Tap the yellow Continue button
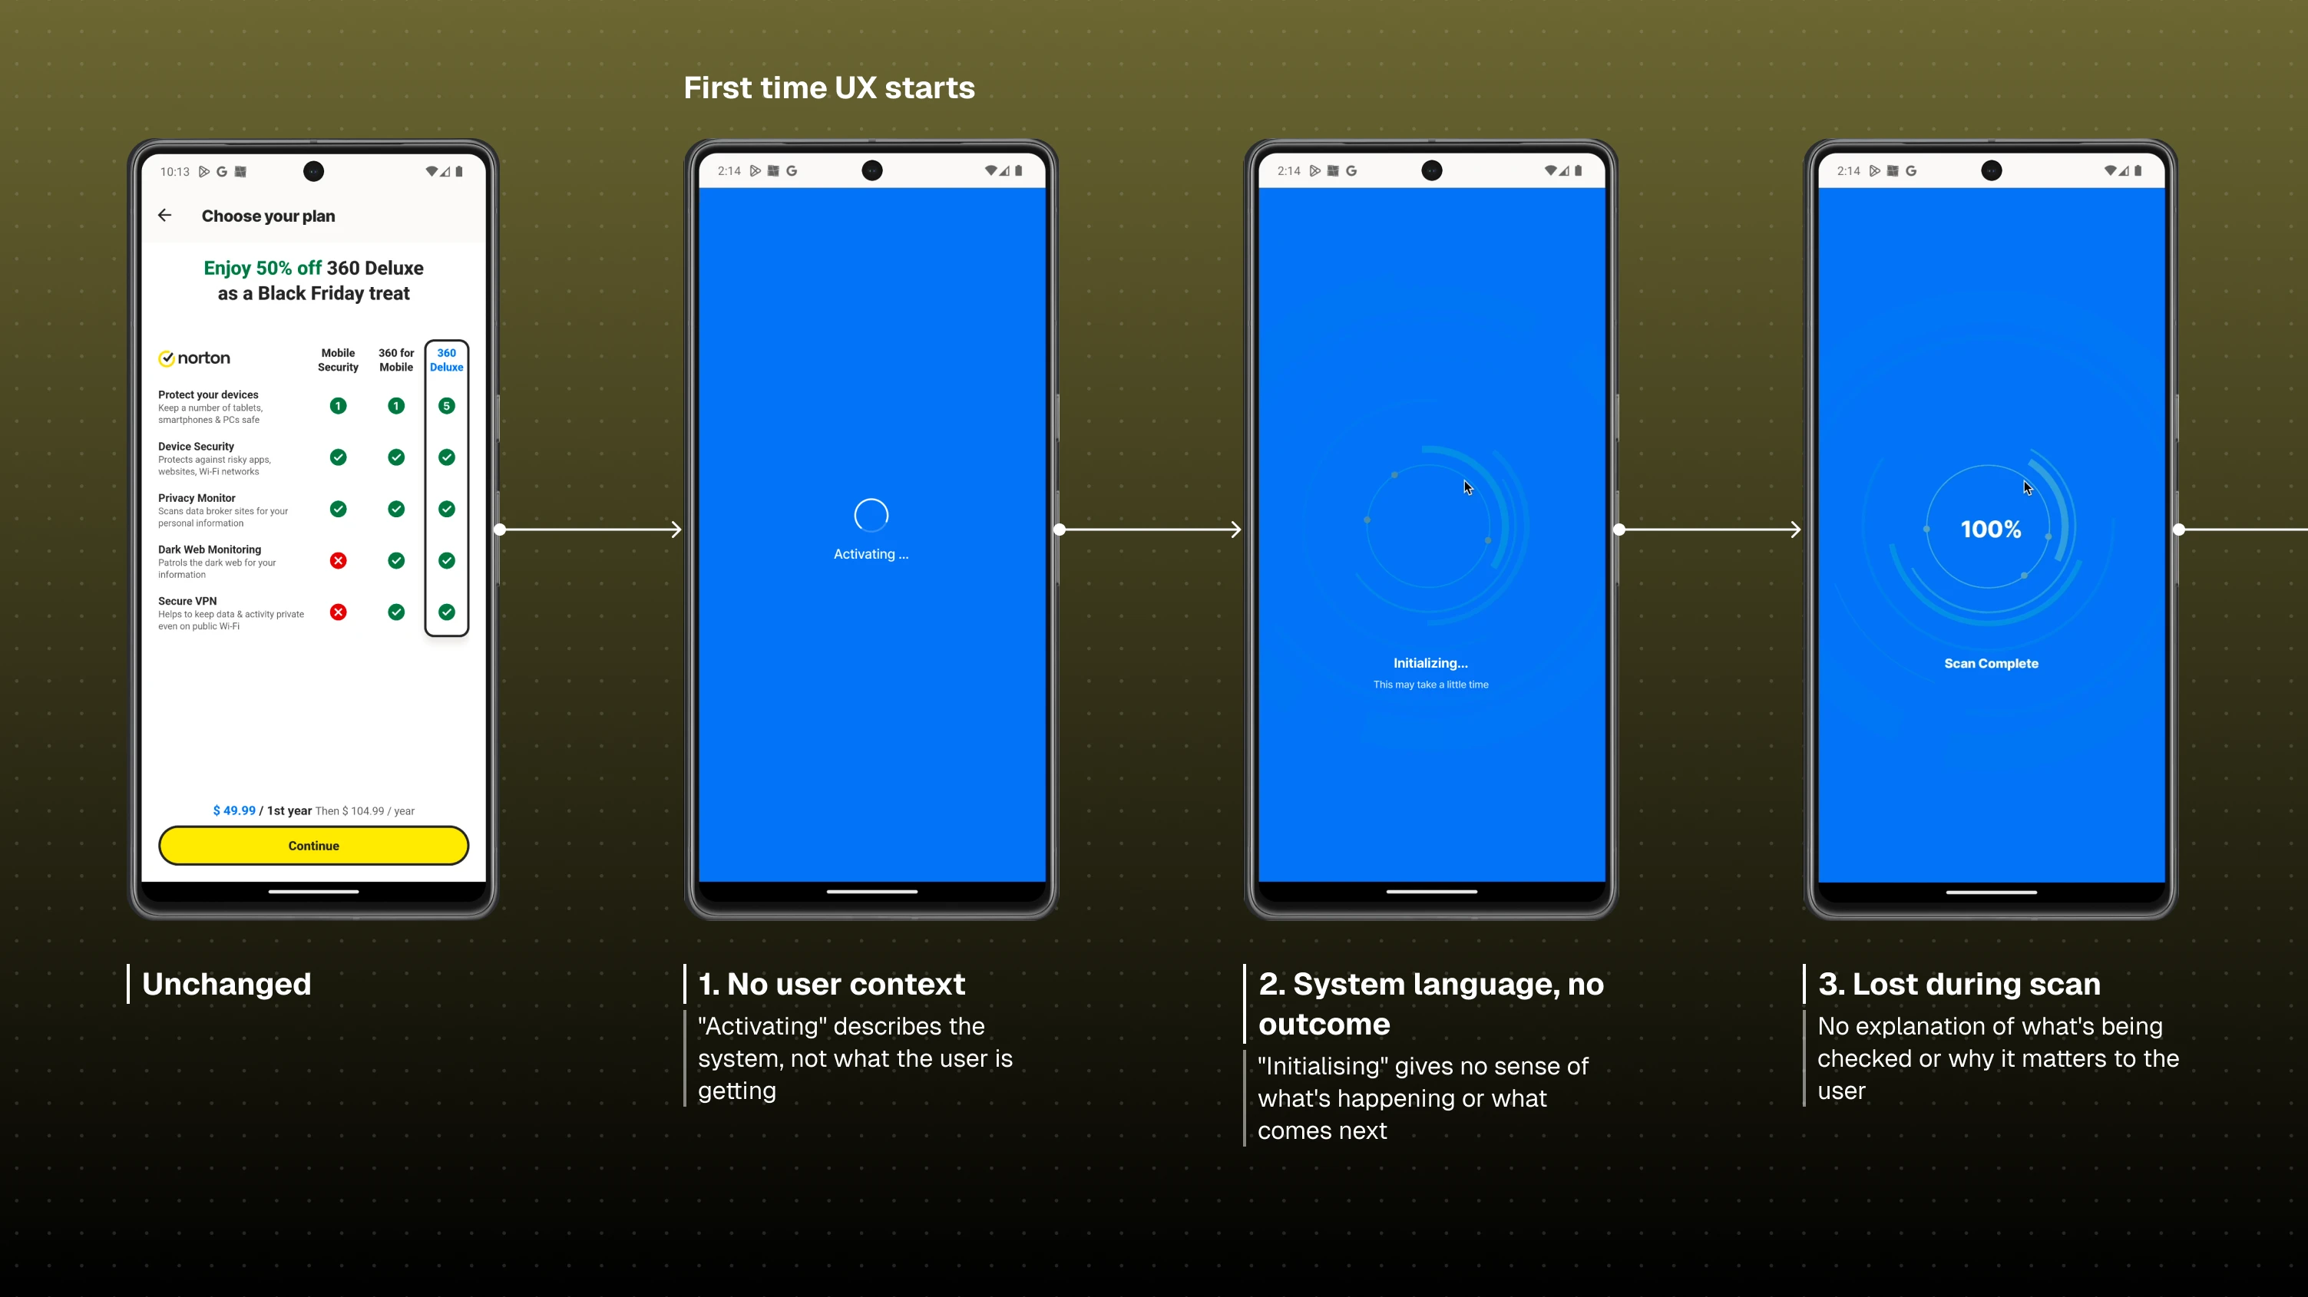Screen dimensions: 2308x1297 point(313,846)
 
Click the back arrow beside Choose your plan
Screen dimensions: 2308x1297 point(165,215)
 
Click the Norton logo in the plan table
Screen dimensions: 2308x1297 point(194,358)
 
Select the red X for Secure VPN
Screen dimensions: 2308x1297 point(338,612)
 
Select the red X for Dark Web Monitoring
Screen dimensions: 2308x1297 point(338,561)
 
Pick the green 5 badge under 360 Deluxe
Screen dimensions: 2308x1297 point(446,406)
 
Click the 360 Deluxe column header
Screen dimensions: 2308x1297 point(446,360)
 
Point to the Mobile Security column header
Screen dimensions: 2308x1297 point(338,360)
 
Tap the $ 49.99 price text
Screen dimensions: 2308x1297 point(234,810)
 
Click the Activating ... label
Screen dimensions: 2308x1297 point(871,554)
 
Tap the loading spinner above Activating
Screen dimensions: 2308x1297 point(871,515)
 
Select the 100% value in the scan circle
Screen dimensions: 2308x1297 point(1991,530)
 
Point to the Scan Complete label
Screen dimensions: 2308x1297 point(1991,664)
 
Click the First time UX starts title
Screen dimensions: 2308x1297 point(828,87)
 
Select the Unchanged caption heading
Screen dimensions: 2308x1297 point(227,984)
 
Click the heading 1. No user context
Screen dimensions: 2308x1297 point(832,984)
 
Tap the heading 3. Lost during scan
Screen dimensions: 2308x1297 point(1959,984)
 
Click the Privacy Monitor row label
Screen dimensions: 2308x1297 point(197,498)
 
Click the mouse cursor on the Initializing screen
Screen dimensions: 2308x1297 point(1467,487)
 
